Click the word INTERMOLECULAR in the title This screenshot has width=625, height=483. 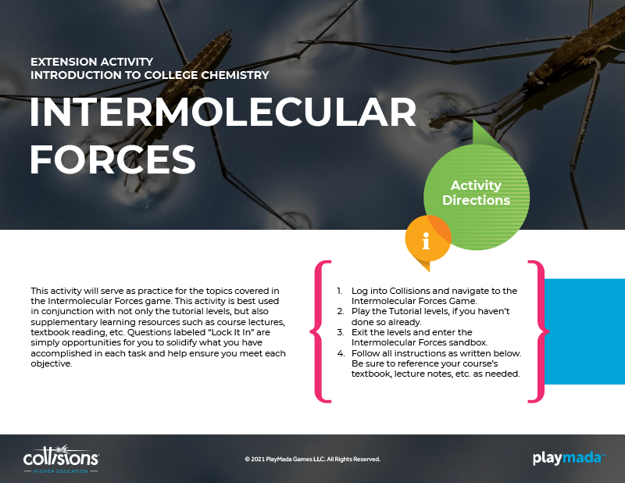(x=223, y=112)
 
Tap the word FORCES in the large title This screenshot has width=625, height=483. (x=112, y=159)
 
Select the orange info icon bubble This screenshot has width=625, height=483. (x=427, y=241)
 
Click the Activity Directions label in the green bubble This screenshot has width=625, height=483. (x=476, y=192)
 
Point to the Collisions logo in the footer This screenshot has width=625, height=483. (x=61, y=459)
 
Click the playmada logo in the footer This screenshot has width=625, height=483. (x=569, y=458)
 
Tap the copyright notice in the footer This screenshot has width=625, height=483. (x=312, y=459)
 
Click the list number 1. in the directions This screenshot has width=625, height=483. (x=340, y=291)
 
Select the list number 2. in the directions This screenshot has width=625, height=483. (x=341, y=312)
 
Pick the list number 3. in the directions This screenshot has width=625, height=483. (x=341, y=332)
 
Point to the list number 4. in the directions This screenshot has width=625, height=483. (x=341, y=353)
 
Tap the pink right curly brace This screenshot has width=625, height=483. (x=538, y=331)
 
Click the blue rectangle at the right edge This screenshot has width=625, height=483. (x=584, y=331)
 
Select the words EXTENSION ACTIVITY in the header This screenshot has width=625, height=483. (x=91, y=62)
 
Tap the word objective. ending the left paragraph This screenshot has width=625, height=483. (x=52, y=363)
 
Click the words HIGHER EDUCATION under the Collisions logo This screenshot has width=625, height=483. (x=61, y=471)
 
